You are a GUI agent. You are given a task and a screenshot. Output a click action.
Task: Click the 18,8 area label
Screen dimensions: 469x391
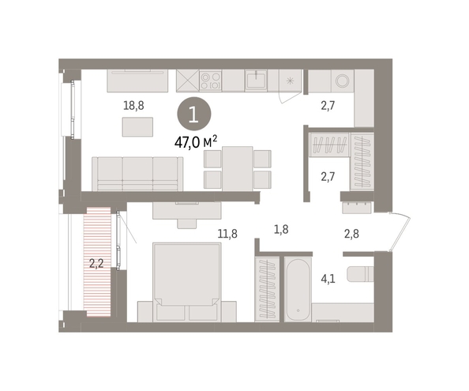pyautogui.click(x=133, y=106)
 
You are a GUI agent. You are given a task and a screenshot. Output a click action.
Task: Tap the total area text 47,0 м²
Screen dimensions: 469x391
pyautogui.click(x=196, y=142)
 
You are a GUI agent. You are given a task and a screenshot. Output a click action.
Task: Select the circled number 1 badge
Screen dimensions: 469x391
pyautogui.click(x=194, y=114)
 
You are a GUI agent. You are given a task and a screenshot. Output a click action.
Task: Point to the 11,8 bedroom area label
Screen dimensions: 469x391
pyautogui.click(x=227, y=233)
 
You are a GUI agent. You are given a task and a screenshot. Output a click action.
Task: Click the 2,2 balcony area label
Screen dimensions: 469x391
pyautogui.click(x=96, y=264)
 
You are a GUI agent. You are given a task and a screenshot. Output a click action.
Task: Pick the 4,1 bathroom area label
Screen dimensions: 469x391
pyautogui.click(x=328, y=279)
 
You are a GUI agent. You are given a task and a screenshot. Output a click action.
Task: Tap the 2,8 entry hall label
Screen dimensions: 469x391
pyautogui.click(x=351, y=234)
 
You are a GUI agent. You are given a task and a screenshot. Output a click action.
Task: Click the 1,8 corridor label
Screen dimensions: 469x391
pyautogui.click(x=281, y=229)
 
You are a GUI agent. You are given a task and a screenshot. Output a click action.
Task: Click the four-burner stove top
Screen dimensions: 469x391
pyautogui.click(x=210, y=81)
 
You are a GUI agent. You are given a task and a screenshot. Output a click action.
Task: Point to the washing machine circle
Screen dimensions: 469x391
pyautogui.click(x=342, y=81)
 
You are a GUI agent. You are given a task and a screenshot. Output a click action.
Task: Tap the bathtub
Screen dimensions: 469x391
pyautogui.click(x=298, y=289)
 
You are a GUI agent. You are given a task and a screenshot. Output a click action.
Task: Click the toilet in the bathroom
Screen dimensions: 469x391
pyautogui.click(x=360, y=273)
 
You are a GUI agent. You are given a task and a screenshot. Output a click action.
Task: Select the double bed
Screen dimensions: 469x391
pyautogui.click(x=187, y=283)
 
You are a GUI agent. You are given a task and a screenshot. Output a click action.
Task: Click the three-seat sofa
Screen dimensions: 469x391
pyautogui.click(x=137, y=174)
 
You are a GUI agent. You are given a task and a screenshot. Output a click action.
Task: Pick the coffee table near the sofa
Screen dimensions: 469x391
pyautogui.click(x=137, y=127)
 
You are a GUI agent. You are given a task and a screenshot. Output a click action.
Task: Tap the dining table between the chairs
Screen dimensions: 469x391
pyautogui.click(x=238, y=168)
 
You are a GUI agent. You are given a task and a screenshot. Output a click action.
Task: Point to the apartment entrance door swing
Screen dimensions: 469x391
pyautogui.click(x=400, y=232)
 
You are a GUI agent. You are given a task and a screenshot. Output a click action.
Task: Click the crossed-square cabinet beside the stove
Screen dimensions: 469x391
pyautogui.click(x=188, y=81)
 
